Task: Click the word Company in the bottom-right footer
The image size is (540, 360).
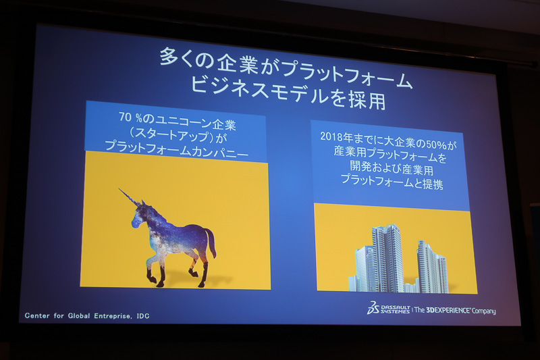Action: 482,311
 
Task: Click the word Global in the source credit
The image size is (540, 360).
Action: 73,315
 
